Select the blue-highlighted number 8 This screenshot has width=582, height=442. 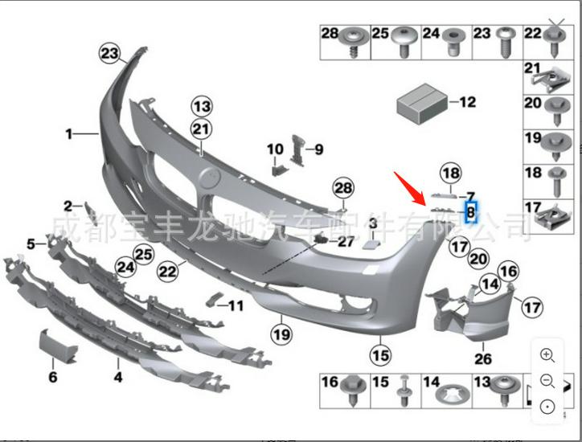472,212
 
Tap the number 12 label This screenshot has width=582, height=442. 468,102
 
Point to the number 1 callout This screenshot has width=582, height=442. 70,133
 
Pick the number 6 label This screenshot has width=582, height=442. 53,376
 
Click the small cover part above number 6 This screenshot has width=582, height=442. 58,347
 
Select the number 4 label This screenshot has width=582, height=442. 117,376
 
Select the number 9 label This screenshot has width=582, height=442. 318,149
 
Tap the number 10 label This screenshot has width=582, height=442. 275,149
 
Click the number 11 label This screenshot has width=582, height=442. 236,305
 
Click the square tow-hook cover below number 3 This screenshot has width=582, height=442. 372,243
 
